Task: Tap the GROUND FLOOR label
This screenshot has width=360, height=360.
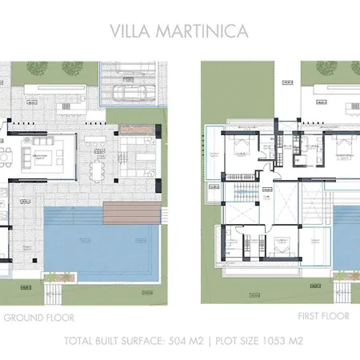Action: pos(38,317)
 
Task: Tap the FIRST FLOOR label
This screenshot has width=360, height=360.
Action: pos(323,317)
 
